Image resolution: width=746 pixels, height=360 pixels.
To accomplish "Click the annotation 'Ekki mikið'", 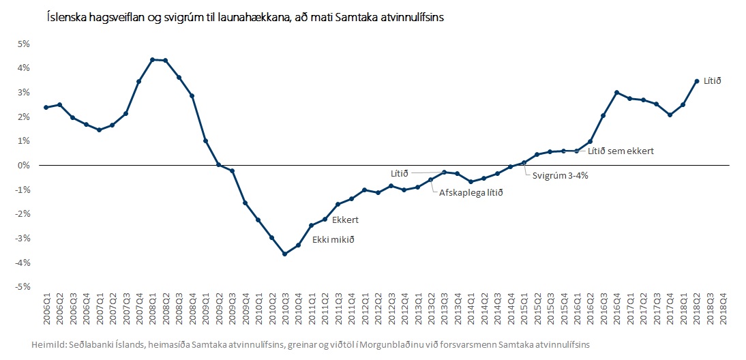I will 333,240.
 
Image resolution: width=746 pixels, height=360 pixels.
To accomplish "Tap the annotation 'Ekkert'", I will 345,220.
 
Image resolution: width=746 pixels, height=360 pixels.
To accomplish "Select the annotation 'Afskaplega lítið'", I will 471,193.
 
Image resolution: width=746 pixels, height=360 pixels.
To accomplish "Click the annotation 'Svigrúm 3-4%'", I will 555,175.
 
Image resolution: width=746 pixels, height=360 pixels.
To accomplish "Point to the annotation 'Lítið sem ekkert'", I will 621,151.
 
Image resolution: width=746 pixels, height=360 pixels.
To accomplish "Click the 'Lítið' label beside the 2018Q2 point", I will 711,81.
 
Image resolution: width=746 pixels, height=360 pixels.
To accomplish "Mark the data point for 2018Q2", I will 696,81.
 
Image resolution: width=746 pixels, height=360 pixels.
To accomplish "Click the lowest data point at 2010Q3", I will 285,254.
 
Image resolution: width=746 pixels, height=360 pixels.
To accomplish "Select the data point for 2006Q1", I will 46,107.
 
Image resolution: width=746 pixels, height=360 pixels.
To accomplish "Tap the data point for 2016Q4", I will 616,92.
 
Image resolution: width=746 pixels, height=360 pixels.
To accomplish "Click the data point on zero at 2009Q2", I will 219,165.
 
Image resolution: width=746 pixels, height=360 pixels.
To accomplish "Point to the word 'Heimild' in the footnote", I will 48,346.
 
